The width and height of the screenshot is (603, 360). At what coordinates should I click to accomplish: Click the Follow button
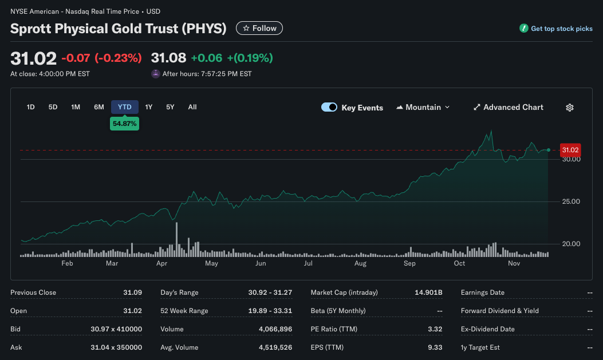coord(259,28)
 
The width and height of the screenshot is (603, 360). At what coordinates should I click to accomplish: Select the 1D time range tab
coord(31,107)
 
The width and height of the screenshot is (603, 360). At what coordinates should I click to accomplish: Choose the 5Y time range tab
coord(170,107)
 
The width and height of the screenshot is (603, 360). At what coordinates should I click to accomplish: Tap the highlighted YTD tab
coord(124,107)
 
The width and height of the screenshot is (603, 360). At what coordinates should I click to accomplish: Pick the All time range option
coord(192,107)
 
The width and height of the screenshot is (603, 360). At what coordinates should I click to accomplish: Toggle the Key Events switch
coord(329,107)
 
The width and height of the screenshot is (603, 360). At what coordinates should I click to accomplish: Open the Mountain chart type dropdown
coord(423,107)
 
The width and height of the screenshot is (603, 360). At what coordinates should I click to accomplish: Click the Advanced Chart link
coord(509,107)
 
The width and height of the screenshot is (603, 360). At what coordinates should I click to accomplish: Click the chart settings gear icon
coord(570,108)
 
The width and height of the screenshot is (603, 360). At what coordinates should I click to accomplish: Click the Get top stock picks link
coord(556,29)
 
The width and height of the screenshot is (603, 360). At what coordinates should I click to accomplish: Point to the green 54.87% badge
coord(124,124)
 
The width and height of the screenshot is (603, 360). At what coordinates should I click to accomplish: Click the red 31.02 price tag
coord(570,150)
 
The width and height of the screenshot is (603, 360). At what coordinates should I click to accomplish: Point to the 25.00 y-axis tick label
coord(571,201)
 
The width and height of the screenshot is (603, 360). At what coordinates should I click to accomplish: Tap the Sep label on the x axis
coord(409,263)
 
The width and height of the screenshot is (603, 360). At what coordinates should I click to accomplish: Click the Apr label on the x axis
coord(161,263)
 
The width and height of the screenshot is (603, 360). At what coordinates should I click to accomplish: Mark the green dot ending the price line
coord(549,150)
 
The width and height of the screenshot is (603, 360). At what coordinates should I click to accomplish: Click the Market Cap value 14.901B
coord(428,292)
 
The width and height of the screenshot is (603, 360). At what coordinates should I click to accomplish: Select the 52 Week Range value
coord(270,311)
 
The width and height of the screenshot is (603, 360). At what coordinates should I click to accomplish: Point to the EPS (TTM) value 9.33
coord(435,347)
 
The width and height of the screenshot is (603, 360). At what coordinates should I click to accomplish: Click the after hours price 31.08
coord(168,58)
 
